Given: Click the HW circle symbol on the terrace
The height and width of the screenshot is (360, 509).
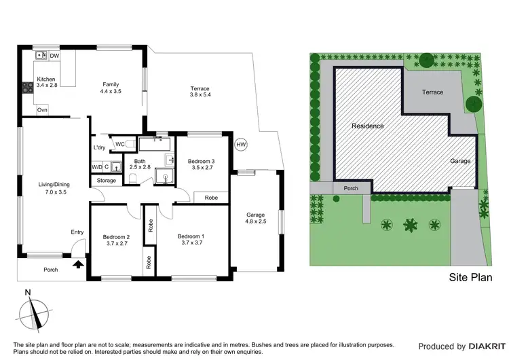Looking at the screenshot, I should click(241, 145).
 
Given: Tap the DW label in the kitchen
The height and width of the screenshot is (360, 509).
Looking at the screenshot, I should click(55, 56).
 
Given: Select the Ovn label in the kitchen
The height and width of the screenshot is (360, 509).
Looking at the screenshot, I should click(42, 110).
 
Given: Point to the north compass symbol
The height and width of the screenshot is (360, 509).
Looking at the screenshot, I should click(31, 314).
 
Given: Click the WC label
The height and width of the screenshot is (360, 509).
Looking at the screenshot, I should click(119, 144).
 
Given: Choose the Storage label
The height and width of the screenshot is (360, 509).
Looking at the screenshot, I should click(107, 181).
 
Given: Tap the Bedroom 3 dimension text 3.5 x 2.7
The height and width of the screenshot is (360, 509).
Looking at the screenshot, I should click(202, 167).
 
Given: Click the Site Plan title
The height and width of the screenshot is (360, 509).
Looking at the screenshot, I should click(470, 278).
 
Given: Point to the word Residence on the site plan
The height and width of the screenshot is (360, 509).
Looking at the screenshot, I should click(367, 126).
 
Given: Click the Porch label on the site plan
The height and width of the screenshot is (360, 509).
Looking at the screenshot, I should click(351, 189).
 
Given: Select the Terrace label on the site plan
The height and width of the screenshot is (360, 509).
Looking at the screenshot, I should click(432, 92).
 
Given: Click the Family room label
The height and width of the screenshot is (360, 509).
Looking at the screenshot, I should click(111, 84).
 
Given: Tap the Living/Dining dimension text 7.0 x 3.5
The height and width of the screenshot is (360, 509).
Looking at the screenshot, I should click(53, 192).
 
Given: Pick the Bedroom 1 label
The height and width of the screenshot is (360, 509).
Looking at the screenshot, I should click(190, 236).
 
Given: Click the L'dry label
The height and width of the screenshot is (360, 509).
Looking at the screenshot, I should click(99, 147).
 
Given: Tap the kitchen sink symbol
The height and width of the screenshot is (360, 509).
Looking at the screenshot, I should click(41, 56).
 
